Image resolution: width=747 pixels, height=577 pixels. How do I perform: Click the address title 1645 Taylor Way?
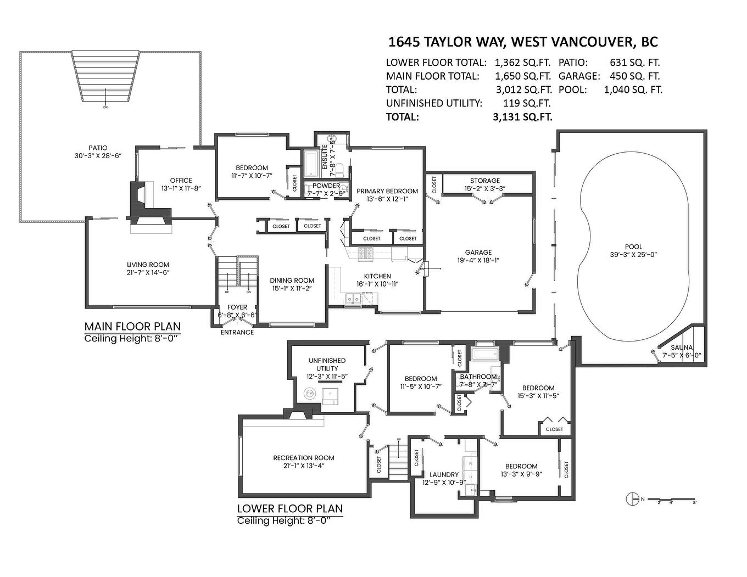pyautogui.click(x=522, y=42)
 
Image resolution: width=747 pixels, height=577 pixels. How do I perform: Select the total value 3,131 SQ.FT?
pyautogui.click(x=522, y=117)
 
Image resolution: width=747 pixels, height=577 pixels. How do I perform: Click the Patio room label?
pyautogui.click(x=98, y=148)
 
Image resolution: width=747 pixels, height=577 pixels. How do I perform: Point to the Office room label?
pyautogui.click(x=181, y=181)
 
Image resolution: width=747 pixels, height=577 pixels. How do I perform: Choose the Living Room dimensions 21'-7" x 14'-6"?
pyautogui.click(x=148, y=273)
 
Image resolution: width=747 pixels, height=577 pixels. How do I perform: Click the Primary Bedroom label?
pyautogui.click(x=387, y=191)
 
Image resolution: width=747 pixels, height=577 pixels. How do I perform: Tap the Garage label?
pyautogui.click(x=478, y=253)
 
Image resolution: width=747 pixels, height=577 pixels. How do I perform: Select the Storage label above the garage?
pyautogui.click(x=484, y=181)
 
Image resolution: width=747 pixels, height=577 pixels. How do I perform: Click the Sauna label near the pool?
pyautogui.click(x=681, y=348)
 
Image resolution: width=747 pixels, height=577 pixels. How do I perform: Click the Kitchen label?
pyautogui.click(x=377, y=276)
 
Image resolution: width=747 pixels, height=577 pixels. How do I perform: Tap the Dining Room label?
pyautogui.click(x=292, y=281)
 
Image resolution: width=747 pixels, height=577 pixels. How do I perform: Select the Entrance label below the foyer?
pyautogui.click(x=237, y=332)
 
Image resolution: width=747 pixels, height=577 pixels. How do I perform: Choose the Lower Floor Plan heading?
pyautogui.click(x=289, y=508)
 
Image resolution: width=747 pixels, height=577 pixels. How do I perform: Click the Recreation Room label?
pyautogui.click(x=303, y=458)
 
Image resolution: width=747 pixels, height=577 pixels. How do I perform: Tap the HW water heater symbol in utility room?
pyautogui.click(x=310, y=394)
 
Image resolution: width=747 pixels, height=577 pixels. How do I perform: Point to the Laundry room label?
pyautogui.click(x=444, y=475)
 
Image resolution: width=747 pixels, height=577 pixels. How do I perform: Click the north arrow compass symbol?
pyautogui.click(x=632, y=499)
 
